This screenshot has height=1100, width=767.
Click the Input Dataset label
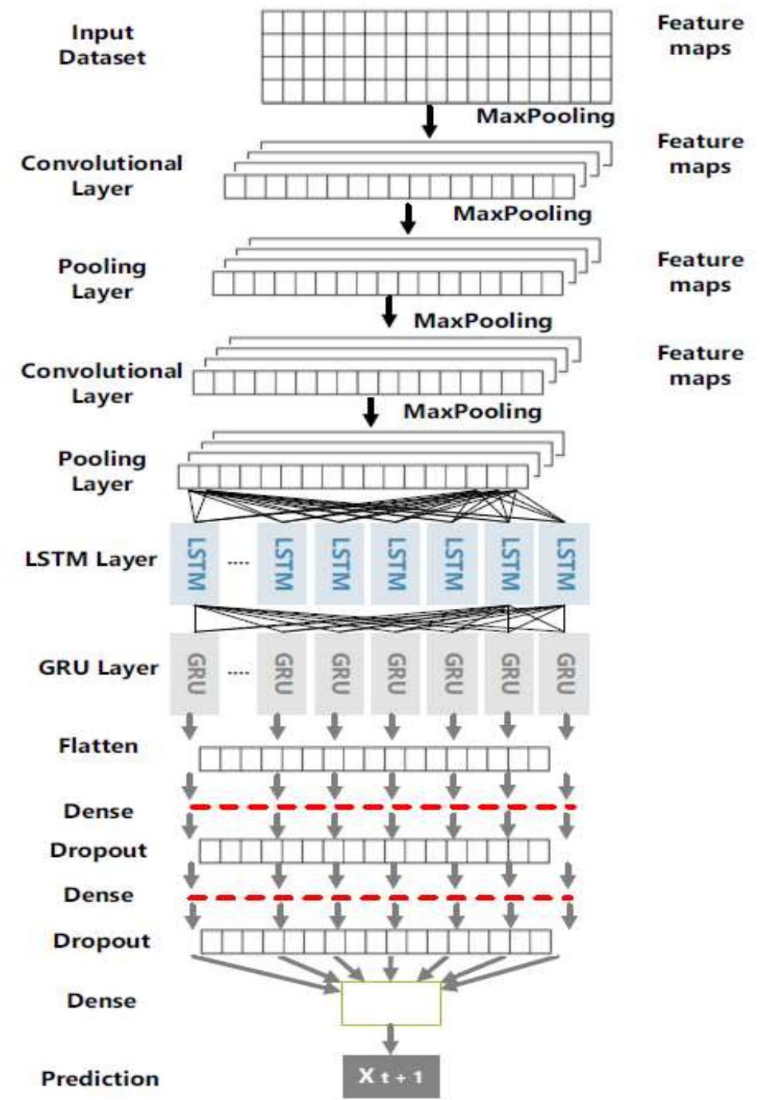102,45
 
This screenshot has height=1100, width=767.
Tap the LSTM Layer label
91,559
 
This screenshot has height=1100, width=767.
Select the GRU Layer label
98,667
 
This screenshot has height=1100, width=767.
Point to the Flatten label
98,746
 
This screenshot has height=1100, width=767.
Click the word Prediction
100,1078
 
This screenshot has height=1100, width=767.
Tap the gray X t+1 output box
391,1076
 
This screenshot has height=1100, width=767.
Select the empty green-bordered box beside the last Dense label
391,1003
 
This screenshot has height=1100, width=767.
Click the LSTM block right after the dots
282,563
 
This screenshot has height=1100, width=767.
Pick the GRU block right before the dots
195,673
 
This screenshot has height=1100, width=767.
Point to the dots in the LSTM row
238,563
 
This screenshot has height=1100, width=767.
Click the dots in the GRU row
238,673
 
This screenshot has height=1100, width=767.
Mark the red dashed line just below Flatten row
381,807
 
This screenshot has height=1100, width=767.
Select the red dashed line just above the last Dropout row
381,898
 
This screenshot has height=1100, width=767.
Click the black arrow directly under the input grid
430,120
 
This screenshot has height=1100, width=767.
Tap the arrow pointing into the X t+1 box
391,1039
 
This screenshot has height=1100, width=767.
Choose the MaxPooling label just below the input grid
545,116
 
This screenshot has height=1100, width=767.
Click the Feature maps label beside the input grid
700,36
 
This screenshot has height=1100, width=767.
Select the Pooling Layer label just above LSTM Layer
102,471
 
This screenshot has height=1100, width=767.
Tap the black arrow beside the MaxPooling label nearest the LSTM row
371,412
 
